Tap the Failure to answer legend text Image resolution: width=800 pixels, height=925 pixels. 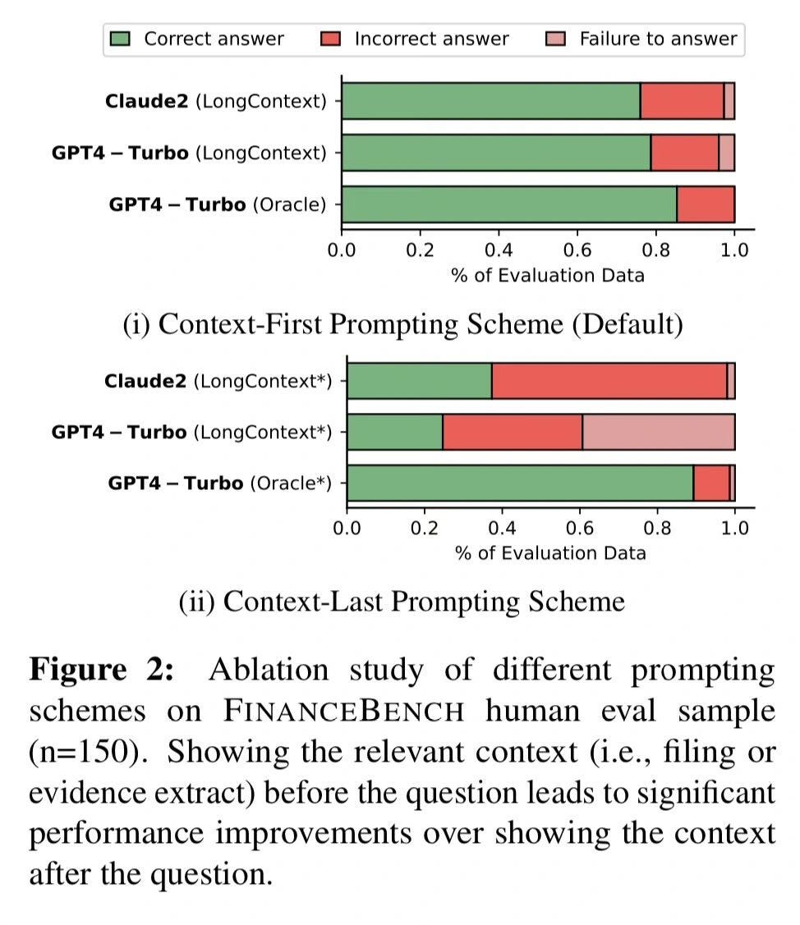(658, 39)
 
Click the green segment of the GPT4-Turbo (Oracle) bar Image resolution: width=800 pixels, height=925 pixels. (509, 204)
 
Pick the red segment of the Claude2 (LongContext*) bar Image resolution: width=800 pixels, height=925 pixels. (609, 382)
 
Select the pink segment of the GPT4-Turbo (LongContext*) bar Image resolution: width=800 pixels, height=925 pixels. (658, 432)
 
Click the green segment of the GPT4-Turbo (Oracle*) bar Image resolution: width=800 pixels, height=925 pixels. (520, 483)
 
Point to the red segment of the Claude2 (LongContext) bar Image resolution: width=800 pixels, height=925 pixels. (682, 102)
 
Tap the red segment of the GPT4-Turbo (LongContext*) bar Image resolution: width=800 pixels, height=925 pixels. (513, 432)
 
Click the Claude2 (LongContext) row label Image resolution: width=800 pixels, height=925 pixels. (215, 102)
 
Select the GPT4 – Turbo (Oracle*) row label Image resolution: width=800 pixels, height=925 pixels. (219, 483)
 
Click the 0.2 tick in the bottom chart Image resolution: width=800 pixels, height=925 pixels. (425, 527)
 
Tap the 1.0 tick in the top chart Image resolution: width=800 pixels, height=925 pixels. (734, 250)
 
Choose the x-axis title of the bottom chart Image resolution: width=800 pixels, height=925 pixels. (550, 552)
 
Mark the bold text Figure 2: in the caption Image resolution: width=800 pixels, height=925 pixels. (102, 671)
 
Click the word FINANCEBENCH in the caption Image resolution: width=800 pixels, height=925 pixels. (344, 711)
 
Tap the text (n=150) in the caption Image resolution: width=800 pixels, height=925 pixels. (81, 752)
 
